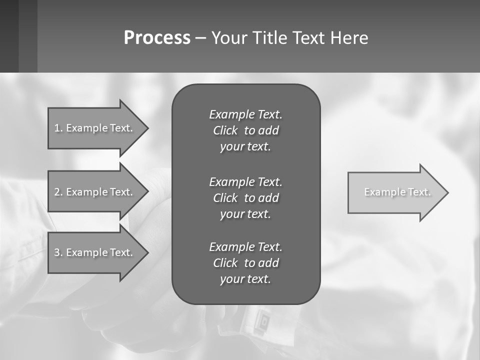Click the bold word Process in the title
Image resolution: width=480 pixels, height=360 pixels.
(x=157, y=38)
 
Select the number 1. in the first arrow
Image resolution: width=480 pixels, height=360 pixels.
(x=58, y=128)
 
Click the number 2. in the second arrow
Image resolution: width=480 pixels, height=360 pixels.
(x=58, y=192)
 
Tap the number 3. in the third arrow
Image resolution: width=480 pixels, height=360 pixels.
(x=58, y=252)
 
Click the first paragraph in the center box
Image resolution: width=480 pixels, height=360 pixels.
(x=245, y=130)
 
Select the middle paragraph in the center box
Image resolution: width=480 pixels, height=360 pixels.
(x=245, y=197)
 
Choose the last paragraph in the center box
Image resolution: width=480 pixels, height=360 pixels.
(x=245, y=263)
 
